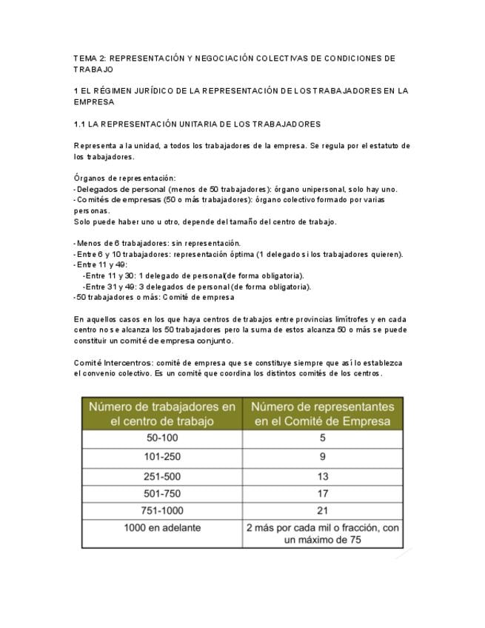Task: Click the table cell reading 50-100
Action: (x=162, y=438)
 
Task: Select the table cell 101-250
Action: (x=162, y=457)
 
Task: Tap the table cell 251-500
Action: (x=162, y=476)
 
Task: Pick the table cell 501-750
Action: (x=162, y=493)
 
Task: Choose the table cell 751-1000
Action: (x=162, y=510)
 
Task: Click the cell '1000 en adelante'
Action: (x=162, y=528)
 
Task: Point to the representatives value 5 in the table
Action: (x=323, y=438)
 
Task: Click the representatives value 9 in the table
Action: (x=323, y=457)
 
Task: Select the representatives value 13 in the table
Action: (x=323, y=476)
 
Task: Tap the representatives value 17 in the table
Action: (x=323, y=493)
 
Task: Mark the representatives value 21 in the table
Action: (x=323, y=510)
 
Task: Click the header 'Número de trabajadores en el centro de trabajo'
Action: (x=162, y=413)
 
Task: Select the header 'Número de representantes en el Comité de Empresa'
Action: (x=323, y=413)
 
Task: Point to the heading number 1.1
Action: (x=81, y=123)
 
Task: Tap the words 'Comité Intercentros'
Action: (x=104, y=363)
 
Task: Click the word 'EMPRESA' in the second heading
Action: (x=94, y=101)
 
